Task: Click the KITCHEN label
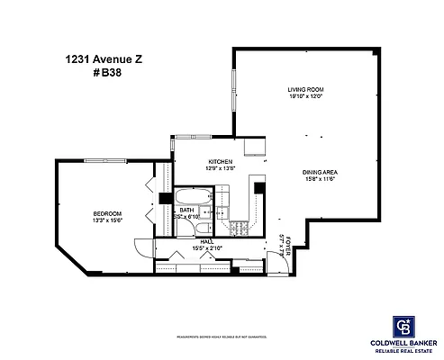[220, 161]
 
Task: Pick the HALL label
[205, 240]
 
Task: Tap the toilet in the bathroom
[206, 213]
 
